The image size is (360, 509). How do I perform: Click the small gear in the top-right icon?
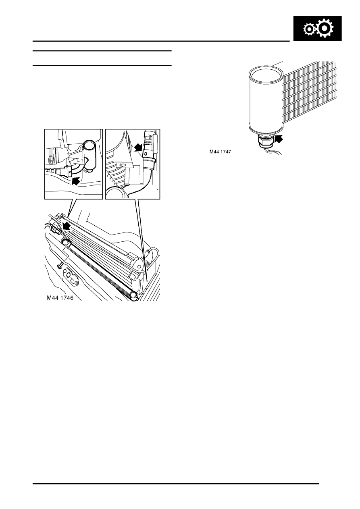click(309, 29)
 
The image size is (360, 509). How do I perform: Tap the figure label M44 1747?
click(220, 152)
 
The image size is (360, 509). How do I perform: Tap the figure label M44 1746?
click(60, 298)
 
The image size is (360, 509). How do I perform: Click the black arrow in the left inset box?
click(76, 181)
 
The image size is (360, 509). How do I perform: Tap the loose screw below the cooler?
click(60, 265)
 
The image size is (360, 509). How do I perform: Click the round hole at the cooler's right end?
click(137, 264)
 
